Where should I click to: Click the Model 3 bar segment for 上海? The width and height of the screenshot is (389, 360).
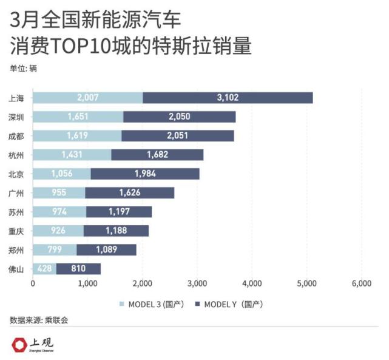pos(87,98)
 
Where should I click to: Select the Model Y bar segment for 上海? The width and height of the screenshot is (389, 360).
pos(228,98)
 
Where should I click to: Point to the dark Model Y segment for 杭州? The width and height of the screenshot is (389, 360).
pos(157,155)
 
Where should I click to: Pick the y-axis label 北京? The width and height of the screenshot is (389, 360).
pos(17,174)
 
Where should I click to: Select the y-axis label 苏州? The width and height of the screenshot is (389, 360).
pos(17,212)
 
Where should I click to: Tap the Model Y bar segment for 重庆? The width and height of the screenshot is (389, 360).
pos(116,231)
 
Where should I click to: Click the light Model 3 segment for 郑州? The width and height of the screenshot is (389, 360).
pos(55,250)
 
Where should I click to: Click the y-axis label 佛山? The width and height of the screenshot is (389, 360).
pos(17,269)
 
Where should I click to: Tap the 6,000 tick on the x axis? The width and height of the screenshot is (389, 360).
pos(361,283)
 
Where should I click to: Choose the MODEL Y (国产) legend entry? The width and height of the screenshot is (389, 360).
pos(229,304)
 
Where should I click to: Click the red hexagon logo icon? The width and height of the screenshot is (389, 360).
pos(20,344)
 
